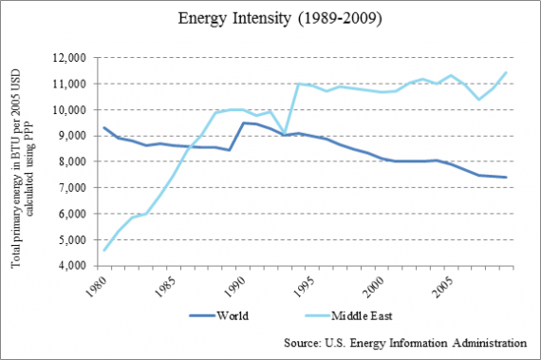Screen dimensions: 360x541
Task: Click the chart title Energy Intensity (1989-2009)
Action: tap(270, 19)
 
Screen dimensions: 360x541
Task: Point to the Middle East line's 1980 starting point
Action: tap(104, 251)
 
